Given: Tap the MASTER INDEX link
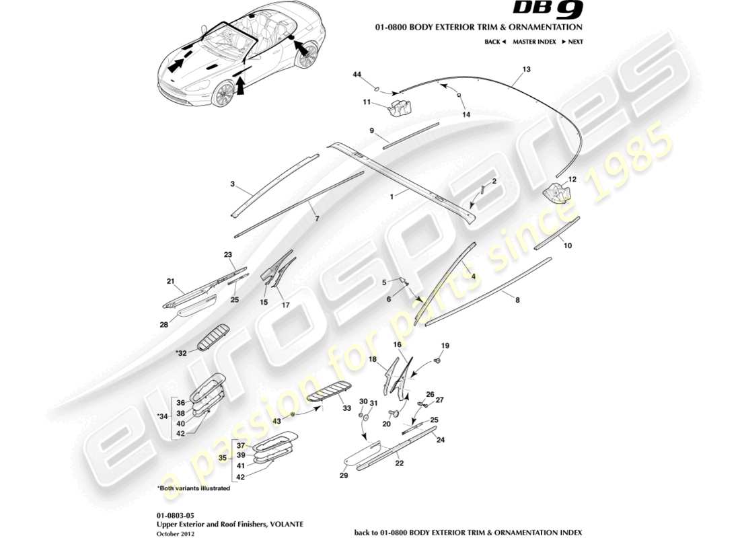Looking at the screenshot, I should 533,42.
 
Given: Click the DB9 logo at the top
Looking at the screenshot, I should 549,9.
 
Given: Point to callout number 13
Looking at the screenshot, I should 527,69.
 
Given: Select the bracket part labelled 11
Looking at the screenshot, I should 400,108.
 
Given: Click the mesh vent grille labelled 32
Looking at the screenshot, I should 213,336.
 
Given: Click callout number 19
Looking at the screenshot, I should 444,346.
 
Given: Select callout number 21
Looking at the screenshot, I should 170,281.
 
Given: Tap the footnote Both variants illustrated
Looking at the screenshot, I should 194,488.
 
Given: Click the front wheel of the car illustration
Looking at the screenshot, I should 223,95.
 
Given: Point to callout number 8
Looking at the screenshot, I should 517,302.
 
